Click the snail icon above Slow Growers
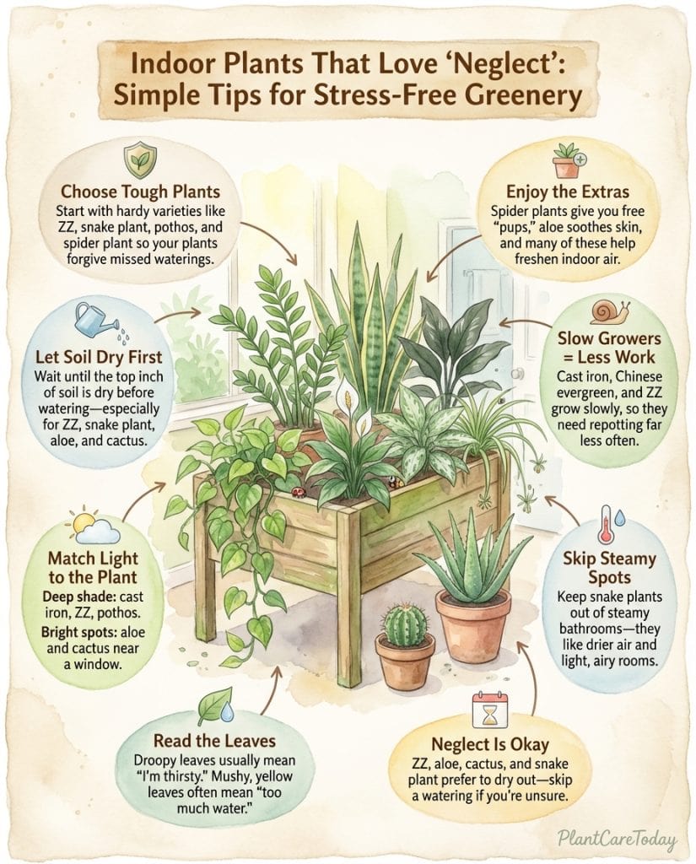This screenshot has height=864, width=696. coord(609,311)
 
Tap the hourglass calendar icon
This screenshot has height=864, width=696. coord(488,710)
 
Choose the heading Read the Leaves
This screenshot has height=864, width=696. coord(218,741)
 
